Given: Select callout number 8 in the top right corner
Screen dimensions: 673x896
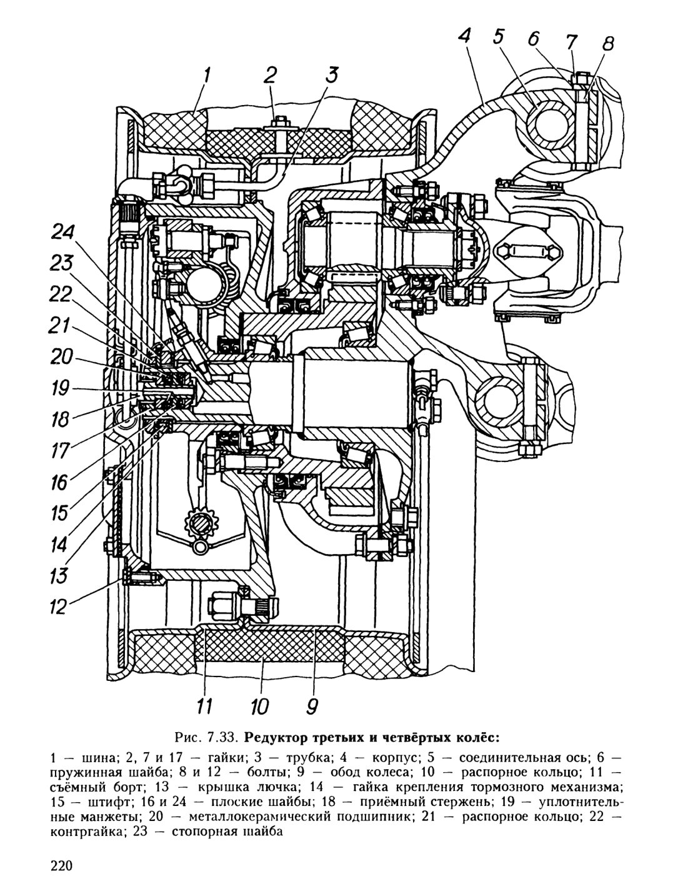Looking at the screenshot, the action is (x=607, y=43).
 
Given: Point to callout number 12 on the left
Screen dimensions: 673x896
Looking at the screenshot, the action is (x=58, y=607).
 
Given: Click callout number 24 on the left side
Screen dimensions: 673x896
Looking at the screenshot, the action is (x=63, y=232).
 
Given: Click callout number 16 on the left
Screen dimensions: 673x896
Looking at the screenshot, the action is (x=59, y=482).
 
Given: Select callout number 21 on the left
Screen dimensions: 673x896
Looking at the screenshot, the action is (x=59, y=326).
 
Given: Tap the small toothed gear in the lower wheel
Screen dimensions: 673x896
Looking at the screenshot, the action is (x=201, y=523).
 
